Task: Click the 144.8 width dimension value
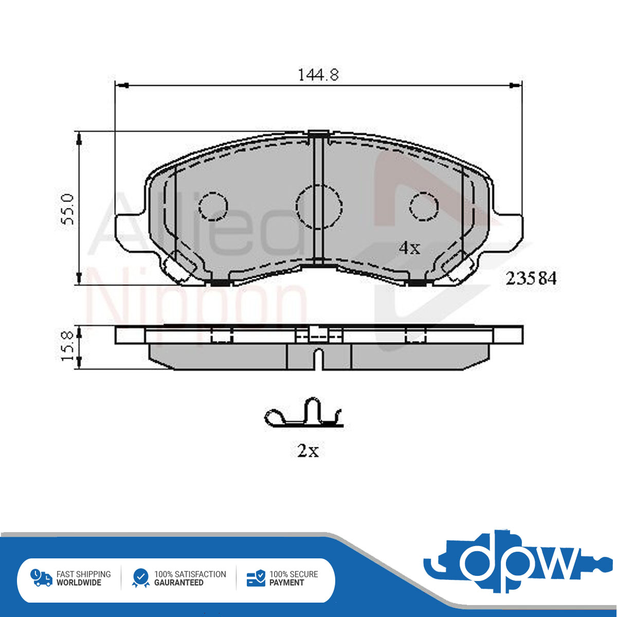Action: pos(318,75)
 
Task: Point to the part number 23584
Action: pos(531,278)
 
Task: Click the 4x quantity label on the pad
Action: pos(409,248)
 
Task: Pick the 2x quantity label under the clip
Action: pos(308,451)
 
